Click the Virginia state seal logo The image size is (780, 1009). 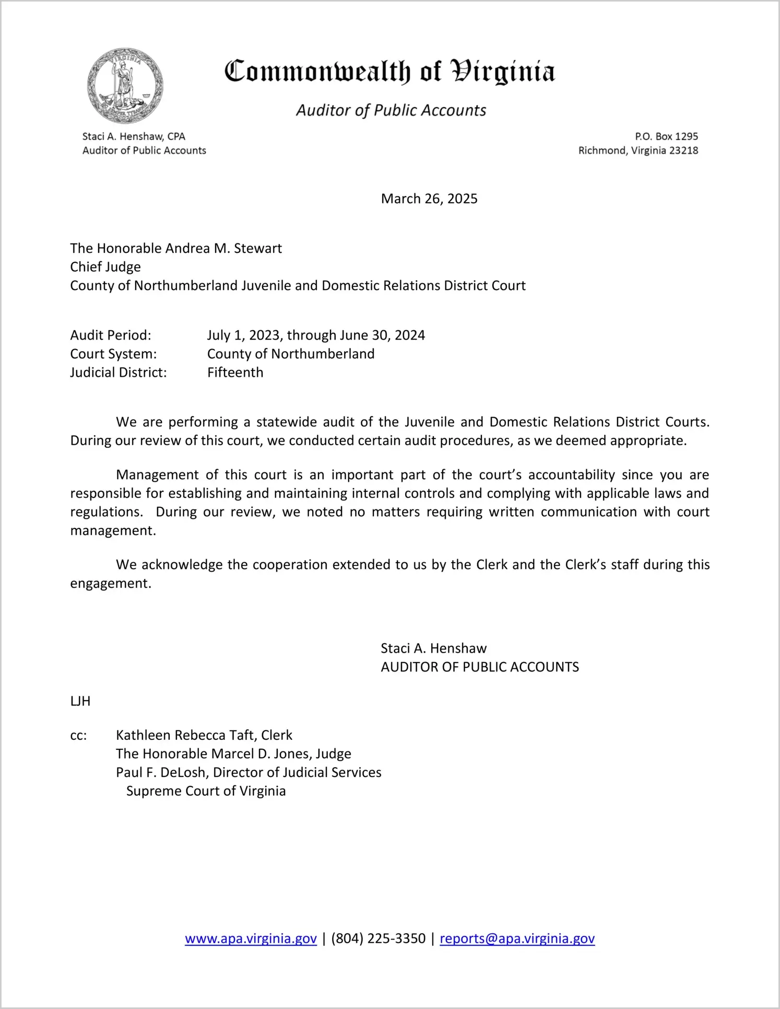pyautogui.click(x=125, y=86)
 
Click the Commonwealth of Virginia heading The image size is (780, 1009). pyautogui.click(x=389, y=72)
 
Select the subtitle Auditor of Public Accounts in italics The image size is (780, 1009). pyautogui.click(x=391, y=110)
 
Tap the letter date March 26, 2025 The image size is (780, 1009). pyautogui.click(x=429, y=199)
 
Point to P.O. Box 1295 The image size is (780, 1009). pyautogui.click(x=666, y=136)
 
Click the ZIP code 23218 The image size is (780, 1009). pyautogui.click(x=683, y=150)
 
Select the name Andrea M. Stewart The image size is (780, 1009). pyautogui.click(x=223, y=248)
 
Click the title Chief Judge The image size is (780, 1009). pyautogui.click(x=105, y=267)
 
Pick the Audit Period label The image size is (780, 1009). pyautogui.click(x=111, y=335)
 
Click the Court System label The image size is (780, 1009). pyautogui.click(x=113, y=354)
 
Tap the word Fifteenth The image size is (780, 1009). pyautogui.click(x=235, y=373)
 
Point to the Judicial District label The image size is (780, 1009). pyautogui.click(x=119, y=373)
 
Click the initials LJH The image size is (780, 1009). pyautogui.click(x=80, y=701)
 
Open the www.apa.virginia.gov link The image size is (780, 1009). pyautogui.click(x=251, y=938)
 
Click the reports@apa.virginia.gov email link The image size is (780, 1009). pyautogui.click(x=517, y=938)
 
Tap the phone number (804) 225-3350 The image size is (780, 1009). pyautogui.click(x=378, y=938)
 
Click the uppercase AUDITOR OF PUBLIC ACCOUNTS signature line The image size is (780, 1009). pyautogui.click(x=480, y=667)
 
